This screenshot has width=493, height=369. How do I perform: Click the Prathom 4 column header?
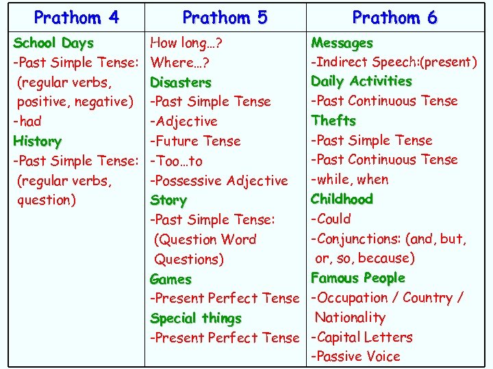76,17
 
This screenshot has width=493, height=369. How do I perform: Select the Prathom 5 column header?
225,17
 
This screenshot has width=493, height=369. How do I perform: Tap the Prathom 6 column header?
394,17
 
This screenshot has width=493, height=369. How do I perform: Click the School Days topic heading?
53,42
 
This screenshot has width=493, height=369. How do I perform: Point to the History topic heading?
37,141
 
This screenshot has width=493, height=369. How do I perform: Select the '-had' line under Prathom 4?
27,122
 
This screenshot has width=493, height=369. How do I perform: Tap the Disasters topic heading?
181,82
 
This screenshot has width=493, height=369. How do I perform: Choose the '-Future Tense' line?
195,141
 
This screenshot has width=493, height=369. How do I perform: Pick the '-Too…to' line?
176,161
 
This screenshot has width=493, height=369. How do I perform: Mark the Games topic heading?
170,279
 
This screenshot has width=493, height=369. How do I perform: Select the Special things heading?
196,318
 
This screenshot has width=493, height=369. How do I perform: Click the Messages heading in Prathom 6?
342,42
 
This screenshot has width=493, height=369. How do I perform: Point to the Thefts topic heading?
333,121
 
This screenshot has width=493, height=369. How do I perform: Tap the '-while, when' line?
349,180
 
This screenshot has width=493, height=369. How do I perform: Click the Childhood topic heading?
342,200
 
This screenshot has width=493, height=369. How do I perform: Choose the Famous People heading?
357,278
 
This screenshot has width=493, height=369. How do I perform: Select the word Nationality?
350,317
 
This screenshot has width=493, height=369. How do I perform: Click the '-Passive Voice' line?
355,356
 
